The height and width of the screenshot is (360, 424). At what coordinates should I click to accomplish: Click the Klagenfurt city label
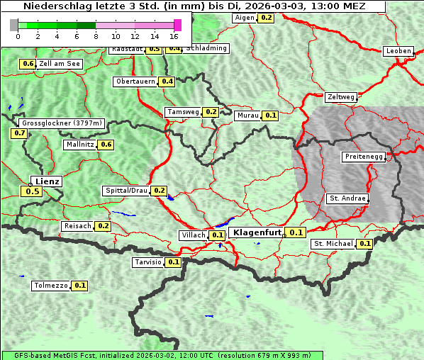[x=257, y=232]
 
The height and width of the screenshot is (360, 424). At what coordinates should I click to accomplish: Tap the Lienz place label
[x=48, y=181]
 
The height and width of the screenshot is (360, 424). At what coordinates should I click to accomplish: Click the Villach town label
[x=194, y=235]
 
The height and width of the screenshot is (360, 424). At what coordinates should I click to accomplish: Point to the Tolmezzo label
[x=51, y=286]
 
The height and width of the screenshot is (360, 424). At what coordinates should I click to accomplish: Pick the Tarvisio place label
[x=148, y=262]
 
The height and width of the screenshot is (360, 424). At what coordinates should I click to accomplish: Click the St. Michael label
[x=333, y=244]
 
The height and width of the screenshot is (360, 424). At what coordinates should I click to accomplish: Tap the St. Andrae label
[x=347, y=198]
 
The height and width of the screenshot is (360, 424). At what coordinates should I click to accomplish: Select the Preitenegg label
[x=364, y=157]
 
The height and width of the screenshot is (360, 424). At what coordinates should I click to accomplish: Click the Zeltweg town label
[x=341, y=97]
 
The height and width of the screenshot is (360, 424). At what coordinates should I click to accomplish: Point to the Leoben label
[x=398, y=51]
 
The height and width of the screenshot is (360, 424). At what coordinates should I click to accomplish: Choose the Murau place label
[x=248, y=115]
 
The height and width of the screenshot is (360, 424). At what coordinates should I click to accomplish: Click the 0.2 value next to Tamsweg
[x=211, y=112]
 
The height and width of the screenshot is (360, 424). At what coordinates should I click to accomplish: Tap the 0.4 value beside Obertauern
[x=167, y=81]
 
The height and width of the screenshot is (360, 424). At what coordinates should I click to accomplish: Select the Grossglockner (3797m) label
[x=62, y=123]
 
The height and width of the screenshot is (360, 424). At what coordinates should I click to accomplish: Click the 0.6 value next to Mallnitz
[x=106, y=145]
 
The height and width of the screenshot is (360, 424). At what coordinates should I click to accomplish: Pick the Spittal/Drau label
[x=126, y=191]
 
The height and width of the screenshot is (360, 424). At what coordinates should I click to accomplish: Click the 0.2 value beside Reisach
[x=104, y=226]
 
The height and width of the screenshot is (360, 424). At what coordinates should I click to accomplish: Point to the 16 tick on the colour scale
[x=174, y=36]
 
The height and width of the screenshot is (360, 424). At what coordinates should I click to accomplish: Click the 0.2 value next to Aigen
[x=266, y=18]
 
